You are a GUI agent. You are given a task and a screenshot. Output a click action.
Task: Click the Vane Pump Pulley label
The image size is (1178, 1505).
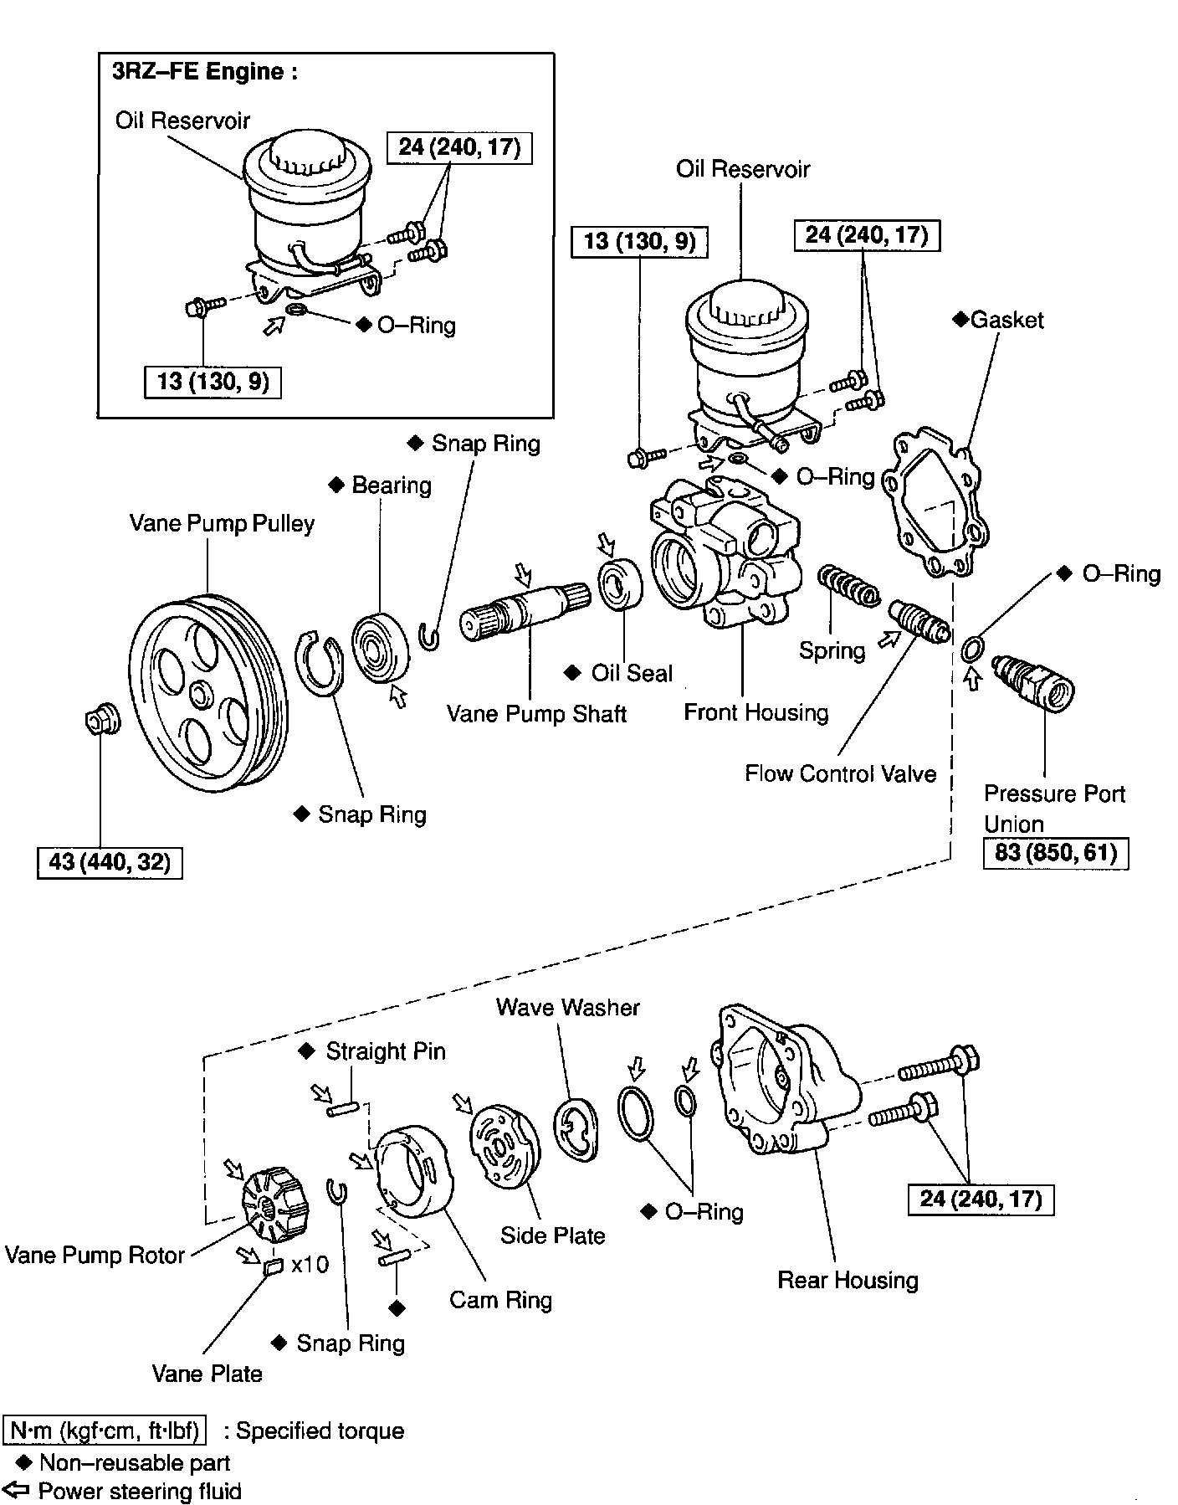pyautogui.click(x=222, y=524)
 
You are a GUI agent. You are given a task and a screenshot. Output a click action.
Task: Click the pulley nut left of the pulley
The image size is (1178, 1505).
pyautogui.click(x=102, y=719)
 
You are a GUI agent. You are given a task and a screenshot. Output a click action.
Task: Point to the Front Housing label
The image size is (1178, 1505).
pyautogui.click(x=755, y=712)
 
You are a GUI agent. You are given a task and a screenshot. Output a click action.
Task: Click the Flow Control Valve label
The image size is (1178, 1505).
pyautogui.click(x=840, y=773)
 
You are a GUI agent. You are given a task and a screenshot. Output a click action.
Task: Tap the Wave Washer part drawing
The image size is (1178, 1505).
pyautogui.click(x=576, y=1127)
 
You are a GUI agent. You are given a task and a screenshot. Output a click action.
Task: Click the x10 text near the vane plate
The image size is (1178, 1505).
pyautogui.click(x=310, y=1264)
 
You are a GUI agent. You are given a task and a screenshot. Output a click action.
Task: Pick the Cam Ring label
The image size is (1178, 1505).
pyautogui.click(x=500, y=1300)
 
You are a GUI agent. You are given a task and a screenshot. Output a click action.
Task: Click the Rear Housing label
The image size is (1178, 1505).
pyautogui.click(x=848, y=1280)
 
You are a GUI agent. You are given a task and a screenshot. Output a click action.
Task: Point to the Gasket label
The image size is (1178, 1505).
pyautogui.click(x=1006, y=320)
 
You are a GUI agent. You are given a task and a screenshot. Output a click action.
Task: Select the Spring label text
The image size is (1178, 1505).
pyautogui.click(x=832, y=650)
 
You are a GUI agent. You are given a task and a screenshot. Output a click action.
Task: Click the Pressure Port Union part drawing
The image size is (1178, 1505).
pyautogui.click(x=1032, y=682)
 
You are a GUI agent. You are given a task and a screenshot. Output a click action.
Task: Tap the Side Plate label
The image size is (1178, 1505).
pyautogui.click(x=552, y=1235)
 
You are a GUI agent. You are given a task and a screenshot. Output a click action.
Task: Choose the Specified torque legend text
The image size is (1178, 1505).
pyautogui.click(x=320, y=1431)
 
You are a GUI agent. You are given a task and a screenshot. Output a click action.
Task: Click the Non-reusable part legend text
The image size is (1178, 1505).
pyautogui.click(x=134, y=1462)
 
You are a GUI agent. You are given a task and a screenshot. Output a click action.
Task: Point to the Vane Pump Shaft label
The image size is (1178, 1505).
pyautogui.click(x=536, y=714)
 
